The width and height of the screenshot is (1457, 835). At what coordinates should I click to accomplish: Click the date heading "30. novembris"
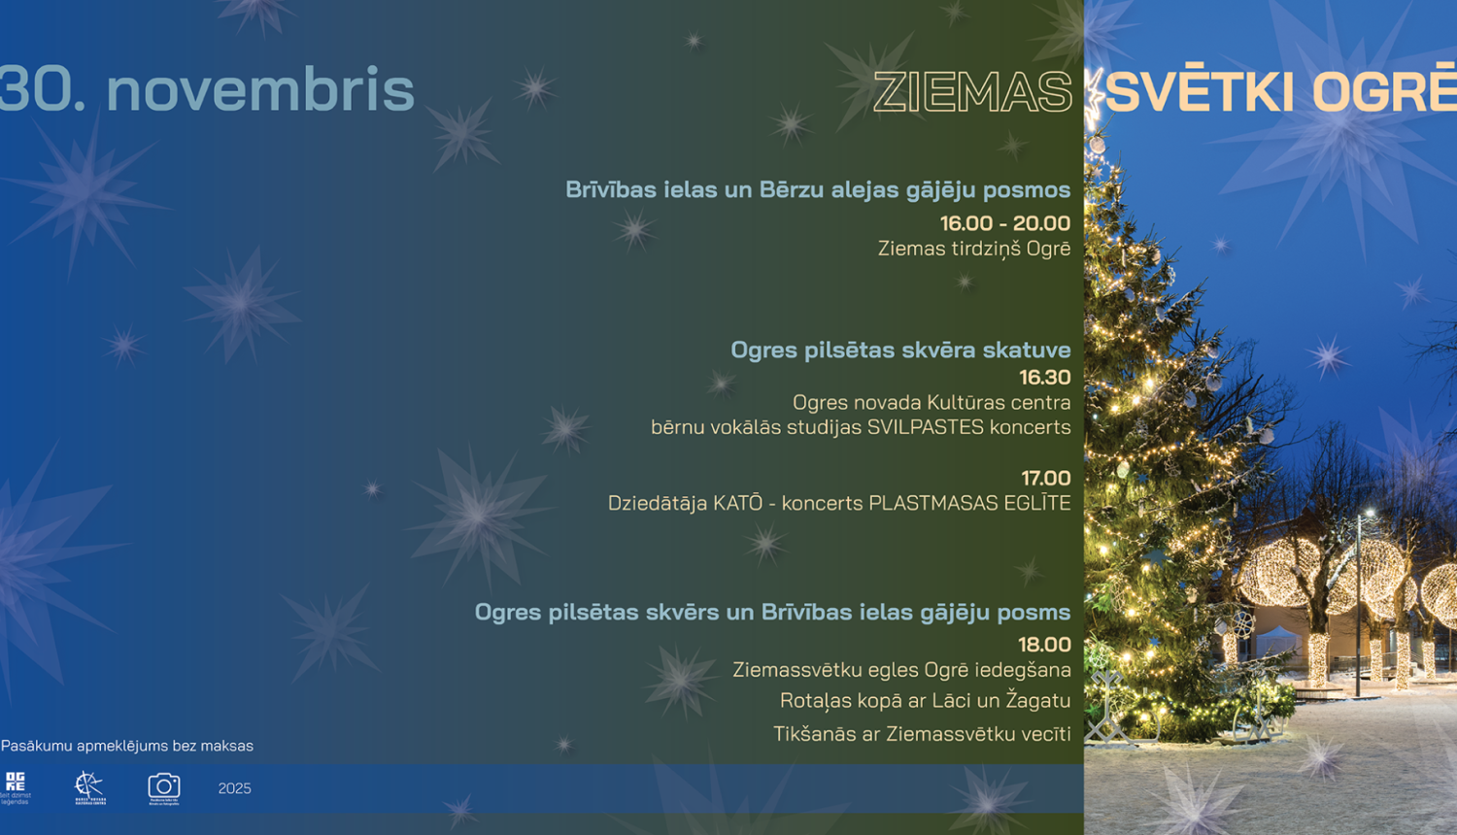[x=207, y=89]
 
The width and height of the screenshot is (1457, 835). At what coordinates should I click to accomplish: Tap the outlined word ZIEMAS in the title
[x=972, y=92]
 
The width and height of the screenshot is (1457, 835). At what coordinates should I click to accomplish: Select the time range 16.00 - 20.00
[x=1004, y=223]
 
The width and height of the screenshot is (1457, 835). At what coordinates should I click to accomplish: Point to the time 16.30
[x=1044, y=377]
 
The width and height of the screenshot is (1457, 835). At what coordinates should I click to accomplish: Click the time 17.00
[x=1045, y=478]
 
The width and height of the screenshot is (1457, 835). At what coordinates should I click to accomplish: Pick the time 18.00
[x=1044, y=644]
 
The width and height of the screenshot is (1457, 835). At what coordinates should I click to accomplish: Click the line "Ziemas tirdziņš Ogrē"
[x=973, y=249]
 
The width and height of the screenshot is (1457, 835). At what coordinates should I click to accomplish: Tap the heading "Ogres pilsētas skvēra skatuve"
[x=900, y=350]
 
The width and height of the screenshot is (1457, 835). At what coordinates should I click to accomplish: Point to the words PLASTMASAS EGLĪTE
[x=969, y=503]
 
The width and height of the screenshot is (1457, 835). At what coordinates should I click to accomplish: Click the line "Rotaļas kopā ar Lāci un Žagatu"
[x=925, y=700]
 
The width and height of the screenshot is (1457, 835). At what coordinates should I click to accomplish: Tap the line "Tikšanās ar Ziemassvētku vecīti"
[x=922, y=734]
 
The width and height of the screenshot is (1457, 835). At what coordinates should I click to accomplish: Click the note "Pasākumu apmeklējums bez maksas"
[x=127, y=746]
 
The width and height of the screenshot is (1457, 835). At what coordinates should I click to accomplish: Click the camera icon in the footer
[x=164, y=786]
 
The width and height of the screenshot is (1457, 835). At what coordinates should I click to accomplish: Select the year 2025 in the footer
[x=234, y=788]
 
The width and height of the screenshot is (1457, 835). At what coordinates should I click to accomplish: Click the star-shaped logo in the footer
[x=89, y=786]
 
